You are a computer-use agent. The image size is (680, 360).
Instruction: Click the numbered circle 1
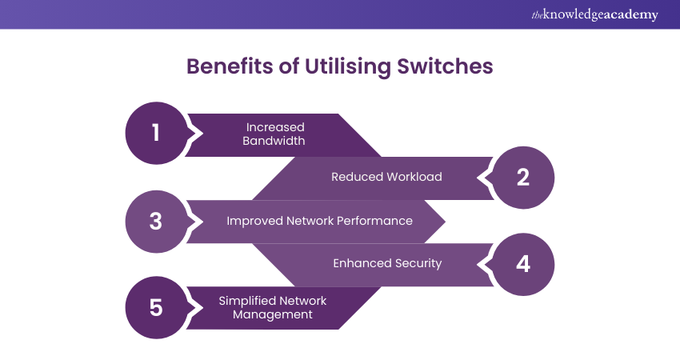[x=156, y=132]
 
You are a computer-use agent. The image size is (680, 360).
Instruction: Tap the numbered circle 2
[x=522, y=177]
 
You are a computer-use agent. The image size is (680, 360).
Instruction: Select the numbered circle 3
[x=156, y=221]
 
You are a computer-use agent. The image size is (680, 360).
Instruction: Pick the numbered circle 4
[x=522, y=264]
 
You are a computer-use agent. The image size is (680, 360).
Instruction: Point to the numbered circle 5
[x=156, y=307]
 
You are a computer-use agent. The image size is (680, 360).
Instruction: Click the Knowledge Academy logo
[x=595, y=15]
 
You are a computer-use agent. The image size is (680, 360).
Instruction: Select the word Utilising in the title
[x=345, y=66]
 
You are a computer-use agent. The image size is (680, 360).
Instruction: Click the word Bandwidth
[x=275, y=141]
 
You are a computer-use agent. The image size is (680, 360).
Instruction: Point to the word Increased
[x=275, y=126]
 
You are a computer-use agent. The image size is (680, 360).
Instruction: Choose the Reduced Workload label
[x=386, y=177]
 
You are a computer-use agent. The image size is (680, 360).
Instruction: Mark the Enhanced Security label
[x=387, y=263]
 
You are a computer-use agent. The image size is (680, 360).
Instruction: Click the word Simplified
[x=245, y=301]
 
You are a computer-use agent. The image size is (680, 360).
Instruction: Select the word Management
[x=272, y=315]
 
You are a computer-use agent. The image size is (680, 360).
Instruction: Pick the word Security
[x=415, y=263]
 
